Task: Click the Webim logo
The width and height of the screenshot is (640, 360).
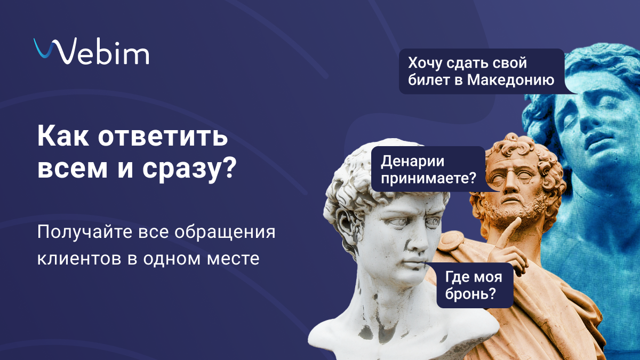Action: click(x=91, y=51)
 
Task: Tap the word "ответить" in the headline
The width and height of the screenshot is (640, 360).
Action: click(x=163, y=137)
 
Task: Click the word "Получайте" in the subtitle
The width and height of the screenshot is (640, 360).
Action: click(x=85, y=232)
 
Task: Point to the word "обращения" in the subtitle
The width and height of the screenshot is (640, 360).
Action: click(x=225, y=233)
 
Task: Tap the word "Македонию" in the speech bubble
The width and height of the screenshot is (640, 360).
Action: click(x=510, y=79)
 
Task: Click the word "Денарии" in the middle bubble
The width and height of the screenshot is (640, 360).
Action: click(x=413, y=162)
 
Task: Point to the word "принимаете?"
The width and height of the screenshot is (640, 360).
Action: click(x=429, y=178)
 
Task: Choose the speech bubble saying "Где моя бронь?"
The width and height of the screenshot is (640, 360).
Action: click(x=475, y=285)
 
